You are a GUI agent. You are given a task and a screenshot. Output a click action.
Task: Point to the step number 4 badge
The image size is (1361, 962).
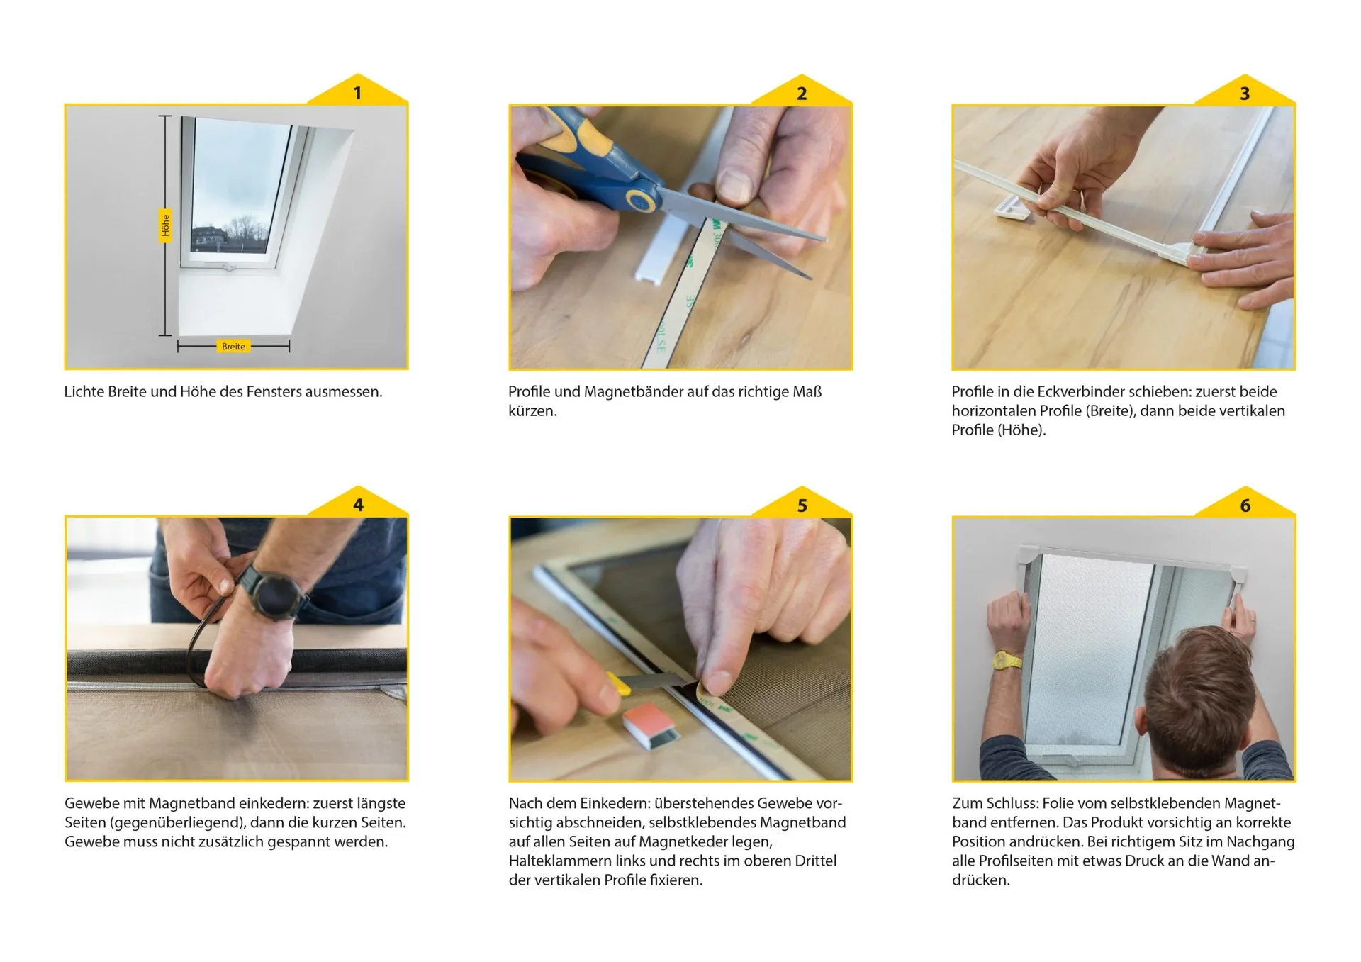point(358,504)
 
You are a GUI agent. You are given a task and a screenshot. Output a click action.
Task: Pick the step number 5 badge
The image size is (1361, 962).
point(802,504)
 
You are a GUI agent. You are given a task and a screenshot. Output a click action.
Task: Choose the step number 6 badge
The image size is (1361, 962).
point(1245,504)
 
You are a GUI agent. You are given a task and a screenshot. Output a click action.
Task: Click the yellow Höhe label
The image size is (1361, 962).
point(165,225)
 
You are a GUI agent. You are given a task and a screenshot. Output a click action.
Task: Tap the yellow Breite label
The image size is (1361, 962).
point(233,347)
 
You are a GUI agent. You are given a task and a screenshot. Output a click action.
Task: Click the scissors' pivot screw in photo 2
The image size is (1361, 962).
point(639,200)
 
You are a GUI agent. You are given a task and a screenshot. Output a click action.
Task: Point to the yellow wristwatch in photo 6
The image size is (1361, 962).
point(1007,661)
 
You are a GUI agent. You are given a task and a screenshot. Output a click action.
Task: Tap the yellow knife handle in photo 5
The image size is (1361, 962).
point(618,683)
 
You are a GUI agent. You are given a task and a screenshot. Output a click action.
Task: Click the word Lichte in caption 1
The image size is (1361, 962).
point(84,391)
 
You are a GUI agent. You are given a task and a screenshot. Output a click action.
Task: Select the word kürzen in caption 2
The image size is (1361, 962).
point(532,411)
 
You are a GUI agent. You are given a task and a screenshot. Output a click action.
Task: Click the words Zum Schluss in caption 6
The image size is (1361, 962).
point(995,803)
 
